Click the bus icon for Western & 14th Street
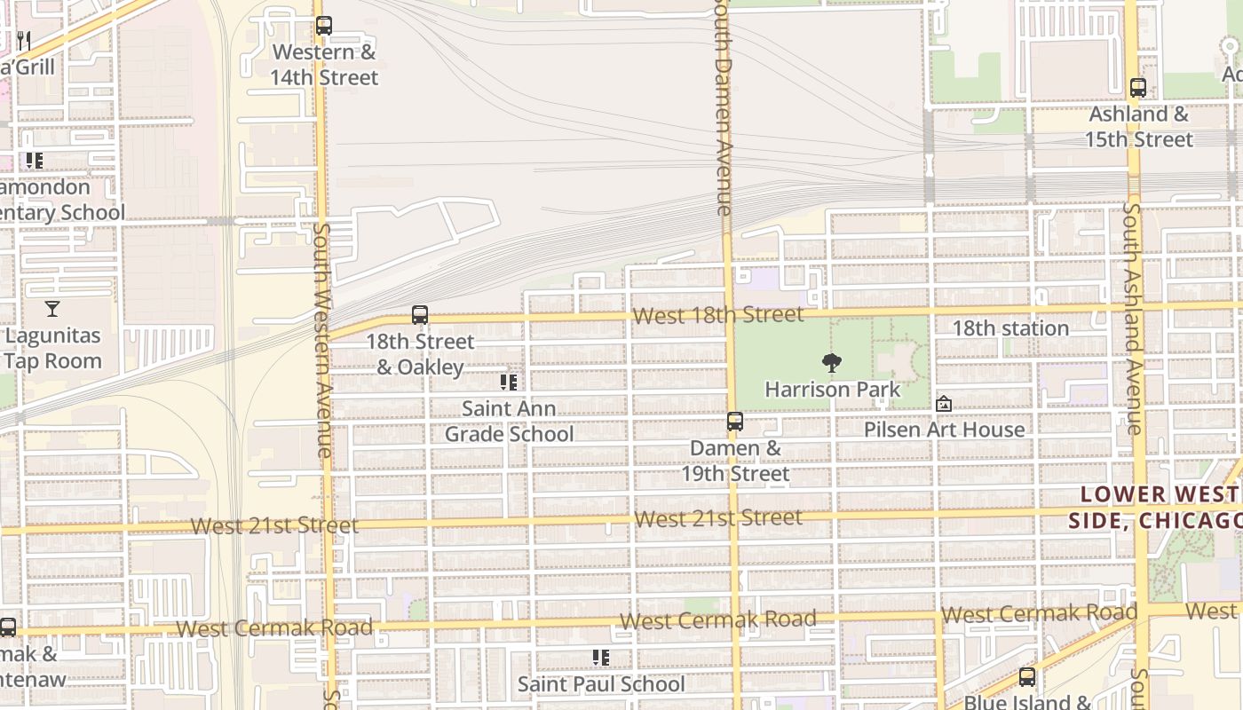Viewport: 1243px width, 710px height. coord(324,26)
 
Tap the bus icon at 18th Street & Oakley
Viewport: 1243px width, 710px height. coord(420,315)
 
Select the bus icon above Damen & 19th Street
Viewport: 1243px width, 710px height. coord(735,422)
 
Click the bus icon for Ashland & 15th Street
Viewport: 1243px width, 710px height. coord(1138,88)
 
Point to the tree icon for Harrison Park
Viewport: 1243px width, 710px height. coord(832,362)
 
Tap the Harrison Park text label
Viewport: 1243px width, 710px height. coord(832,390)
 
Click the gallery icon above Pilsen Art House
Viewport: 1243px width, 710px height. coord(944,404)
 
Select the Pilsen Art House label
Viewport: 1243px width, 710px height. coord(944,430)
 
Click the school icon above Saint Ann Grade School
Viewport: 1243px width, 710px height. coord(509,383)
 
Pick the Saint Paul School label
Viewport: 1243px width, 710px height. coord(601,684)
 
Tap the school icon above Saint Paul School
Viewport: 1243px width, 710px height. coord(601,658)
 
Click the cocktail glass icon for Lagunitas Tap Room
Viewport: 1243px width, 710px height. coord(52,309)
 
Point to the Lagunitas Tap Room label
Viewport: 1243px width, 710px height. coord(52,348)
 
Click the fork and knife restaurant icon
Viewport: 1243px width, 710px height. coord(24,40)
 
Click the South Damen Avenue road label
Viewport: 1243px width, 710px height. coord(724,106)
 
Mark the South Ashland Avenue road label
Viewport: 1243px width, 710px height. coord(1132,319)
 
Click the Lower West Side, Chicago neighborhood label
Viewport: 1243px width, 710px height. coord(1154,508)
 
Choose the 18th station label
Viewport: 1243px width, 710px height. coord(1009,328)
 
